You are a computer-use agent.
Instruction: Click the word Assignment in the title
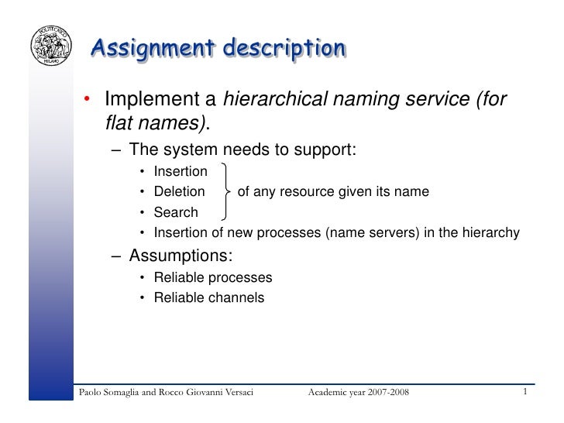coord(152,49)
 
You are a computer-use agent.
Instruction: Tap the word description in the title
coord(284,49)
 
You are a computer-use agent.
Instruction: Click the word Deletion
coord(180,191)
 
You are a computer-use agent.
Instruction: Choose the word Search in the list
coord(176,211)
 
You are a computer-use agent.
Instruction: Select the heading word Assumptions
coord(181,256)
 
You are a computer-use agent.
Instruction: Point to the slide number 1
coord(525,392)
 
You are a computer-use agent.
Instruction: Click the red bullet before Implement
coord(90,100)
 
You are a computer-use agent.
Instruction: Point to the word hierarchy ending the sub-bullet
coord(491,232)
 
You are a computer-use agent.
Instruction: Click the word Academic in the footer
coord(328,394)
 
